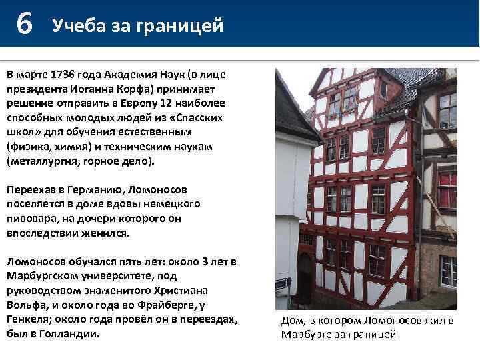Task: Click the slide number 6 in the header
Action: [24, 25]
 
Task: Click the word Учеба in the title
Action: [75, 26]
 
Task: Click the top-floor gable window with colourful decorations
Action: [341, 102]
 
